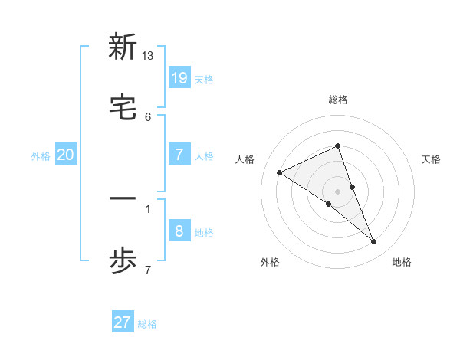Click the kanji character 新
click(123, 47)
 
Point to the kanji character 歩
click(123, 262)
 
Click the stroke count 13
click(148, 56)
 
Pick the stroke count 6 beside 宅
click(148, 117)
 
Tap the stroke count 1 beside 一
click(148, 208)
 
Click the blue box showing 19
click(179, 77)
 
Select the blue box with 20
click(66, 155)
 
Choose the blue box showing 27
click(123, 322)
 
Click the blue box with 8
click(179, 231)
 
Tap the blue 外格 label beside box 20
click(41, 156)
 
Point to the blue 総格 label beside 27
click(147, 324)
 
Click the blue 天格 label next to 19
click(204, 79)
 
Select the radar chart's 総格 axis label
click(338, 100)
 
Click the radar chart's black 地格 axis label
click(402, 262)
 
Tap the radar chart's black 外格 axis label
click(270, 262)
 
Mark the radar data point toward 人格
click(280, 172)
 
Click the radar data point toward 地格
click(374, 242)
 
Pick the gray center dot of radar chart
click(338, 191)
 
